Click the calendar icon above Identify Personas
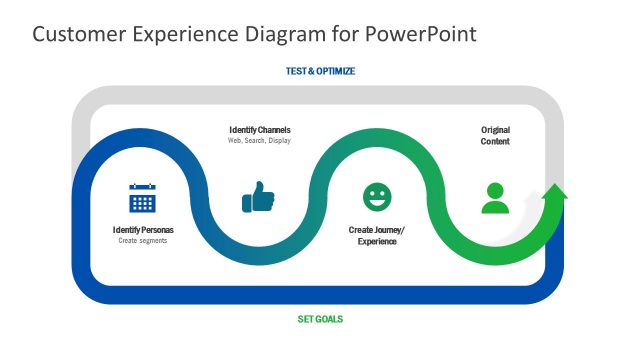143,198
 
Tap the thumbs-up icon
258,197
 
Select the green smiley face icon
377,197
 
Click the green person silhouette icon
495,198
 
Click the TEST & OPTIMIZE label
320,72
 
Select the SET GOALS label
320,320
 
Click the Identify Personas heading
143,230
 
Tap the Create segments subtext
143,241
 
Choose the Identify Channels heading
260,130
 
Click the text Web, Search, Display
260,141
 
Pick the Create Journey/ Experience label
377,236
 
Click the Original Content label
495,136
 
